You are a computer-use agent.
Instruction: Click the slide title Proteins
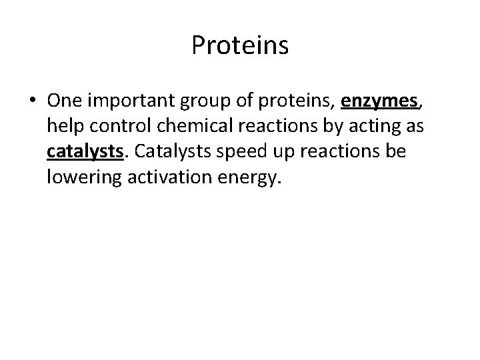240,45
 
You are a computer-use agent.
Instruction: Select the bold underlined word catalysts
86,152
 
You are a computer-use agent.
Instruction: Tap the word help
63,127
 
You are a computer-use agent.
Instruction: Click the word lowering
81,177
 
